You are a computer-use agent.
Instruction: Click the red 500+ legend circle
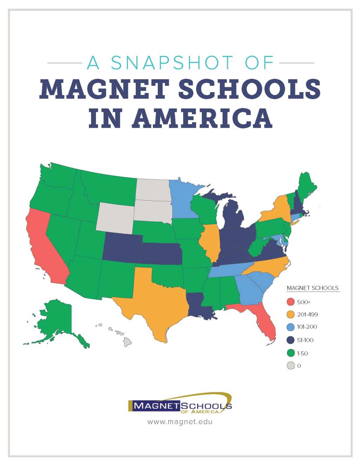click(x=291, y=302)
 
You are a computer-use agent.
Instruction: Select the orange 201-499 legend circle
click(x=291, y=314)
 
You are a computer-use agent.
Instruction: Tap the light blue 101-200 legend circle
click(x=291, y=327)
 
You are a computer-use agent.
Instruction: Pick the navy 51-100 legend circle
click(x=291, y=340)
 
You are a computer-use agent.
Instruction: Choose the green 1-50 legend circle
click(x=291, y=353)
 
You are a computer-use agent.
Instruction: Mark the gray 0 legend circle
click(x=291, y=366)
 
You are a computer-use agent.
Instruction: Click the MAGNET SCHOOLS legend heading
click(x=313, y=288)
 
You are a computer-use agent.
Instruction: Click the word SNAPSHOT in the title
click(x=172, y=63)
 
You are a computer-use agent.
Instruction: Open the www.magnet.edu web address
click(x=180, y=421)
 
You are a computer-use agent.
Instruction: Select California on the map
click(x=44, y=246)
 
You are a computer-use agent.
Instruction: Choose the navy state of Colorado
click(x=122, y=248)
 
